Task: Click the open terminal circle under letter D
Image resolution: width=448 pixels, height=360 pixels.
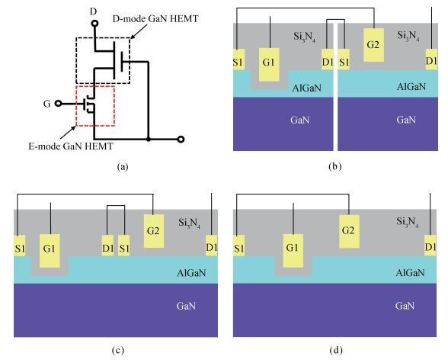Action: tap(94, 24)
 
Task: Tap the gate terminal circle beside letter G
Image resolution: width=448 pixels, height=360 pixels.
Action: tap(58, 103)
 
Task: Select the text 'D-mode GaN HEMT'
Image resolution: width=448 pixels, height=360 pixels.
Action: tap(155, 19)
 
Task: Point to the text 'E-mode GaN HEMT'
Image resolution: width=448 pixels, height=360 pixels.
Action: tap(71, 146)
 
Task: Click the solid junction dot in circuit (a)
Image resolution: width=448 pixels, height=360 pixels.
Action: tap(149, 140)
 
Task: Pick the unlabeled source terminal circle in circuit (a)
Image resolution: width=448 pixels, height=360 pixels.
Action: tap(181, 140)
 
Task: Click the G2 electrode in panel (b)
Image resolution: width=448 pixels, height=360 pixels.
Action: tap(373, 45)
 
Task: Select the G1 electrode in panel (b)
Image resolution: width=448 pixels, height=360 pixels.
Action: tap(269, 65)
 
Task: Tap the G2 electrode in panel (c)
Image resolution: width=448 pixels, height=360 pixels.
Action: tap(154, 231)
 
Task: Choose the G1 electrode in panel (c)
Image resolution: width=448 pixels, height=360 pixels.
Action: tap(50, 251)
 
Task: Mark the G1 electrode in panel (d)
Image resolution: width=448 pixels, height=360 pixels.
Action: tap(293, 251)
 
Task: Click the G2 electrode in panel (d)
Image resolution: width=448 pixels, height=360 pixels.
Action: tap(349, 232)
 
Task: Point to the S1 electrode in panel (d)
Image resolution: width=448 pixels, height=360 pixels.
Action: tap(239, 246)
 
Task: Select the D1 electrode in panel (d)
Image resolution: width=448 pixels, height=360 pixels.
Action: tap(430, 246)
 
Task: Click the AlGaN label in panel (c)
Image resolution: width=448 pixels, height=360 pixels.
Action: tap(191, 273)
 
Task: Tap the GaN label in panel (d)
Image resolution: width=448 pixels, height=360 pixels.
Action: tap(405, 306)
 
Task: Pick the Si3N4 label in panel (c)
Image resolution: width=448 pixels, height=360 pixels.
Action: tap(190, 223)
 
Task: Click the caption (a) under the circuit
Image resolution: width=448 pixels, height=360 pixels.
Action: tap(123, 166)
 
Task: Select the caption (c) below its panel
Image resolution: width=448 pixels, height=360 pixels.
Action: tap(118, 350)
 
